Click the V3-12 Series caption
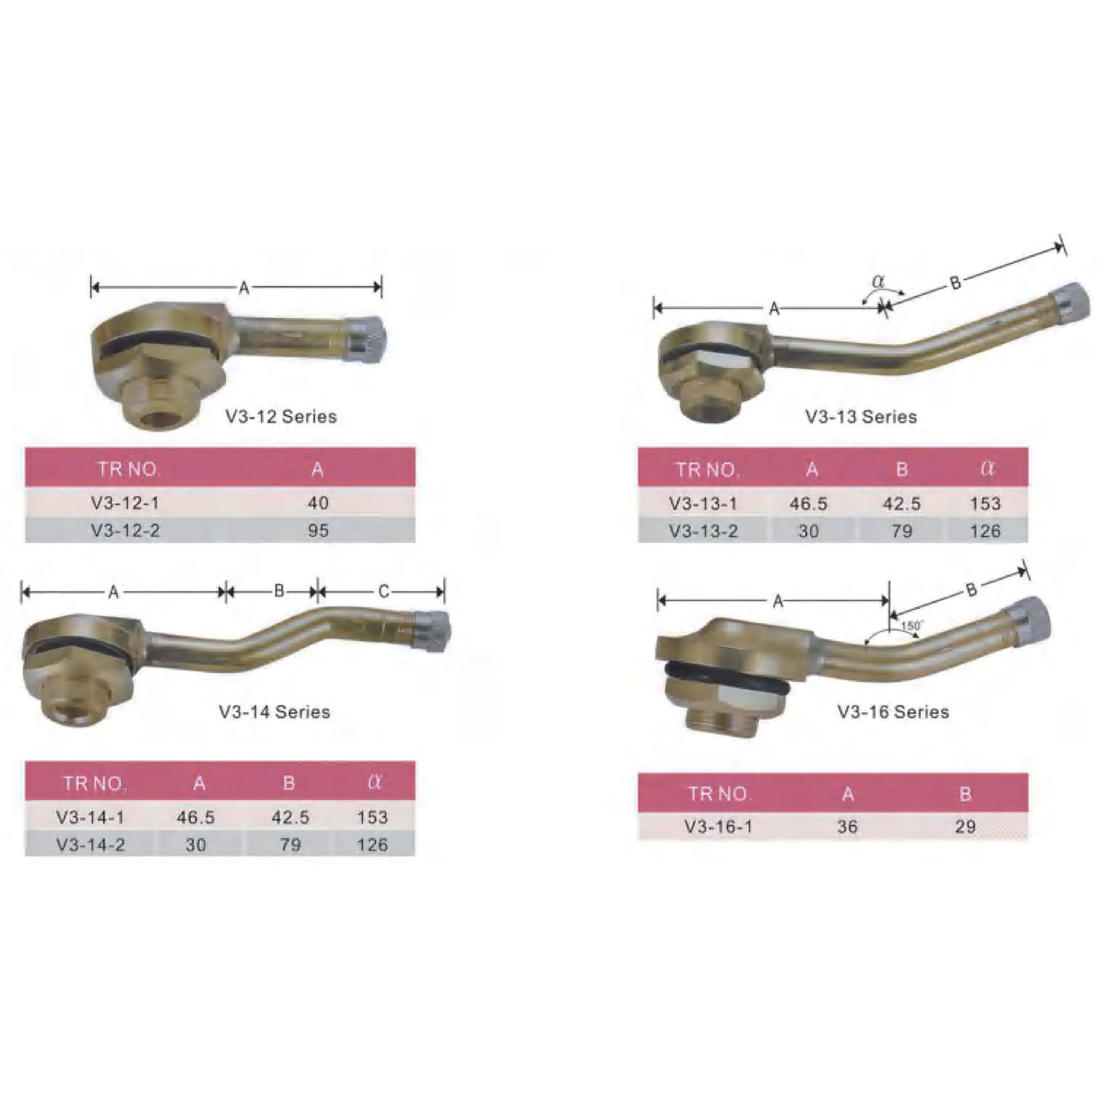281,416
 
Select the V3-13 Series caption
861,416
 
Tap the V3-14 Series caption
274,712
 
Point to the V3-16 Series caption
893,712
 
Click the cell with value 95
318,530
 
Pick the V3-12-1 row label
125,503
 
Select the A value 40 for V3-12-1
318,503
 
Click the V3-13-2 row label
704,531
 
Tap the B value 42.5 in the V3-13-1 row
902,503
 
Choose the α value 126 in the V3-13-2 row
985,531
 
